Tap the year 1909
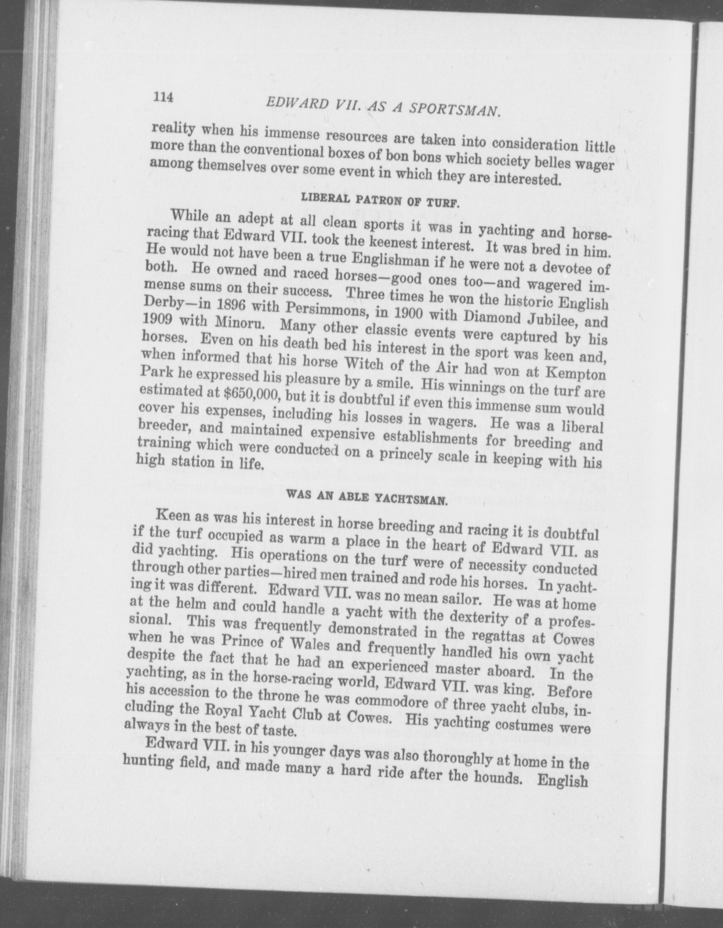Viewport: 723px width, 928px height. pos(156,320)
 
